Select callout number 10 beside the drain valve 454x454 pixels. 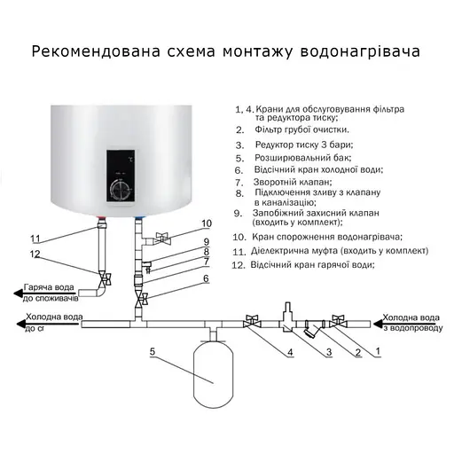[x=207, y=223]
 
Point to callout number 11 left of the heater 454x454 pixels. [x=35, y=239]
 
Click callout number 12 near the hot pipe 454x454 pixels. [x=35, y=255]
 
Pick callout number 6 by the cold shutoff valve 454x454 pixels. [x=206, y=278]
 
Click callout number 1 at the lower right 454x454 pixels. [x=377, y=351]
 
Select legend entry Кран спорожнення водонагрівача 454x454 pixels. [x=328, y=237]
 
